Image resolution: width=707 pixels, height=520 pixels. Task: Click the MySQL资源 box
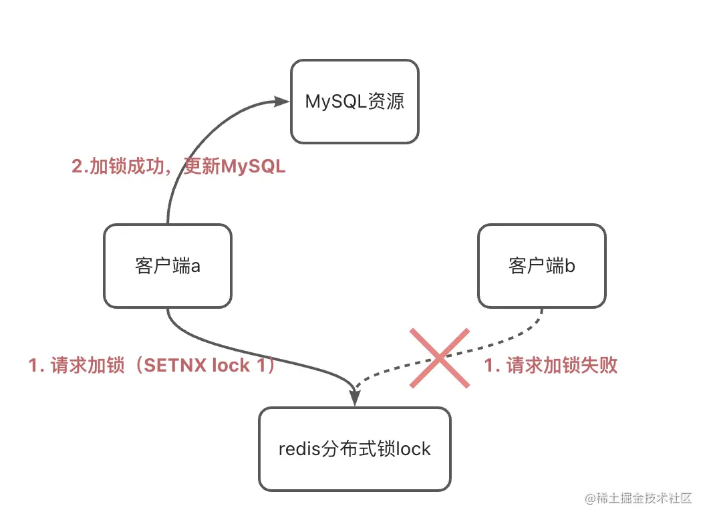point(355,101)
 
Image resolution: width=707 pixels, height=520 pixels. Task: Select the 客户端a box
point(168,265)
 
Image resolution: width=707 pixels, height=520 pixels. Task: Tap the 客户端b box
point(542,265)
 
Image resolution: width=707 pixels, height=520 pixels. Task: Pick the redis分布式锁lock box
point(355,448)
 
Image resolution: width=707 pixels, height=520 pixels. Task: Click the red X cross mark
point(439,358)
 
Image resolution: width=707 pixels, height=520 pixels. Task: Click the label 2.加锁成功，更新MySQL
point(178,166)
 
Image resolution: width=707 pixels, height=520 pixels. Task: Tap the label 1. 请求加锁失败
point(551,365)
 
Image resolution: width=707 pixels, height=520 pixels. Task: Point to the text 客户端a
point(168,265)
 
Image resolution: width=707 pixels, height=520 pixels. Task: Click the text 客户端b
point(542,265)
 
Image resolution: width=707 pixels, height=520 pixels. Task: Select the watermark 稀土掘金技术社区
point(638,499)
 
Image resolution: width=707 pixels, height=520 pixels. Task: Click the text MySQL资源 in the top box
point(355,101)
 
